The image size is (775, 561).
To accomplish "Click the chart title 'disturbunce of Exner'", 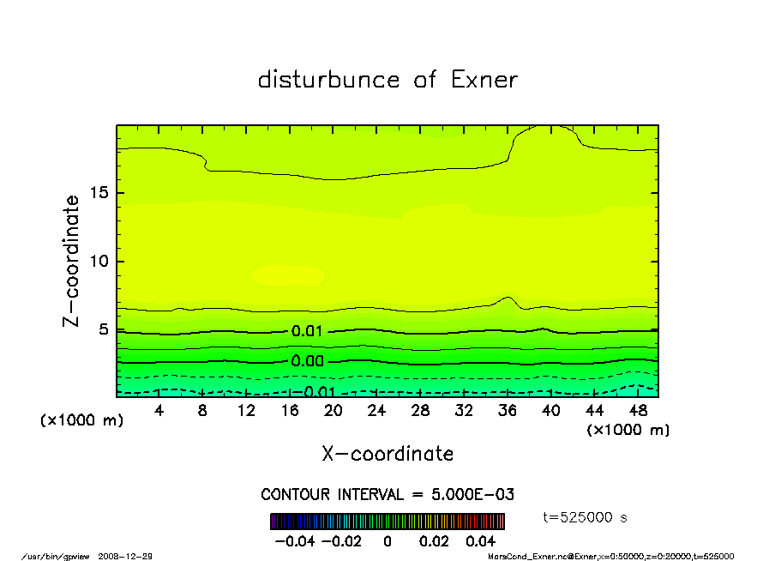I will pyautogui.click(x=387, y=80).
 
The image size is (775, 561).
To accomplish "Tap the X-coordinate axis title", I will pyautogui.click(x=387, y=453).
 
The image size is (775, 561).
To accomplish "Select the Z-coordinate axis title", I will pyautogui.click(x=72, y=260).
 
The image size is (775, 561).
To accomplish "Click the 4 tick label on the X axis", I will pyautogui.click(x=159, y=411).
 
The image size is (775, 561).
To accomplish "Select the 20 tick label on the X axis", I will pyautogui.click(x=333, y=411).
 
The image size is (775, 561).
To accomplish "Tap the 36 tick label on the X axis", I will pyautogui.click(x=507, y=411).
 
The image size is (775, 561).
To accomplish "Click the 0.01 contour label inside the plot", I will pyautogui.click(x=307, y=331).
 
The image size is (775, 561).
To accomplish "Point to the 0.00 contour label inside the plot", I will pyautogui.click(x=307, y=361).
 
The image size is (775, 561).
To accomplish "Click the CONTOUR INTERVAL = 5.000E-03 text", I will pyautogui.click(x=387, y=495).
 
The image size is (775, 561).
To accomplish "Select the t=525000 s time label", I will pyautogui.click(x=586, y=517).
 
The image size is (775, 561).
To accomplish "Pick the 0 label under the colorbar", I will pyautogui.click(x=387, y=541).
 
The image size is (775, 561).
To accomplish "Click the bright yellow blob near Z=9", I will pyautogui.click(x=288, y=274).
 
